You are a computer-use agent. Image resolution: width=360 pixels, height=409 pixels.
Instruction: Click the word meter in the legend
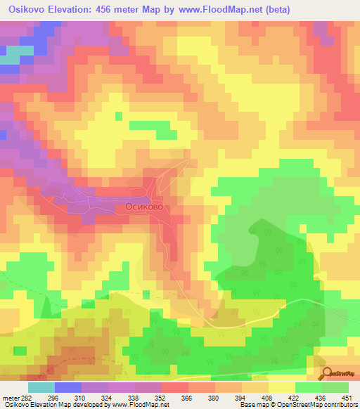pyautogui.click(x=8, y=398)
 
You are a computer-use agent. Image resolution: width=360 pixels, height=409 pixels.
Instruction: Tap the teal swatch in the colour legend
pyautogui.click(x=41, y=387)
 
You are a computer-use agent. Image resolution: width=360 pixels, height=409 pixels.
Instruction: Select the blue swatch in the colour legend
pyautogui.click(x=68, y=387)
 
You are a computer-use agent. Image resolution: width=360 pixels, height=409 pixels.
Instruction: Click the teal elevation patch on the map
pyautogui.click(x=10, y=60)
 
